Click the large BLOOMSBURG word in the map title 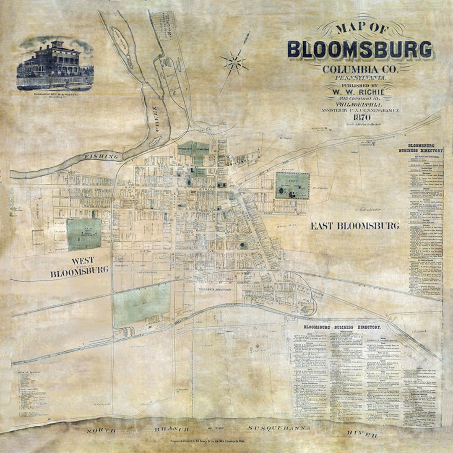360,49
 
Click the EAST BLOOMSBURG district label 354,226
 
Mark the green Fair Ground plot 84,234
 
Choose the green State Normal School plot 292,185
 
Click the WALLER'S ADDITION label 215,289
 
